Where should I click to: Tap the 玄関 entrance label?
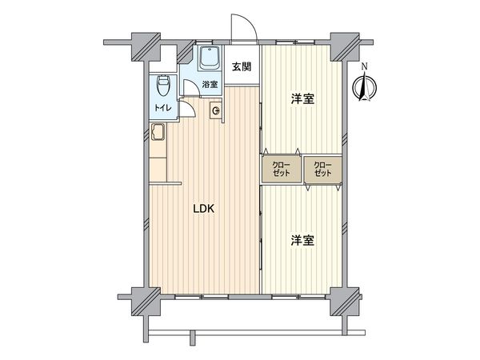(x=242, y=66)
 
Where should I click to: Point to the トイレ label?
(x=161, y=107)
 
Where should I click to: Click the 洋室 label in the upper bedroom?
(x=302, y=99)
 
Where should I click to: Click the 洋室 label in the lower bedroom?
(x=302, y=239)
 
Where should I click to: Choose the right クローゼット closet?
(x=323, y=170)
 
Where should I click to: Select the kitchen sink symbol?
(x=158, y=134)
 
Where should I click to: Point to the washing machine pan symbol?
(x=216, y=110)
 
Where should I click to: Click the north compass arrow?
(x=364, y=86)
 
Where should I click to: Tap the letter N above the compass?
(x=364, y=66)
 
